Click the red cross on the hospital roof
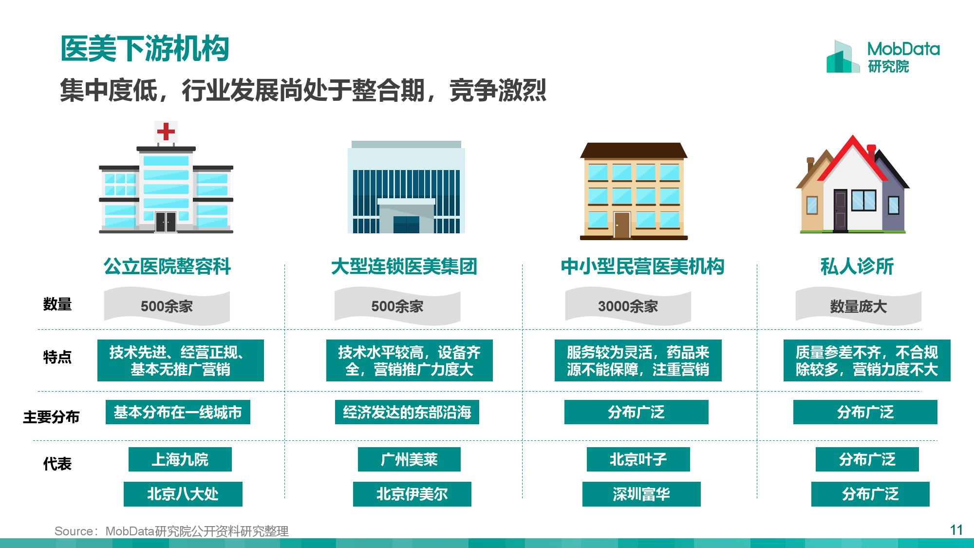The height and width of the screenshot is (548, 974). pos(166,132)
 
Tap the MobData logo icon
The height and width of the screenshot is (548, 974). pos(843,57)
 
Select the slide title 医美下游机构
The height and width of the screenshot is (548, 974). pos(145,49)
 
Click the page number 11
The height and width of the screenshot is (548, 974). pos(956,530)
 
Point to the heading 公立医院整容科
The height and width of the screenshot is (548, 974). pos(167,266)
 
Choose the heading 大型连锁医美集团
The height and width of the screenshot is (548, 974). pos(404,266)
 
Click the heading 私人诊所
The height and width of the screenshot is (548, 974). pos(857,266)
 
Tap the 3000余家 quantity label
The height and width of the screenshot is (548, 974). pos(628,306)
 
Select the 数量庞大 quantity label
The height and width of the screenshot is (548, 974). pos(858,306)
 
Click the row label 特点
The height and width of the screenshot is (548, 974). pos(57,357)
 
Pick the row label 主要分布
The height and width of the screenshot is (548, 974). pos(51,417)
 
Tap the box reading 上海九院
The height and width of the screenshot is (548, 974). pos(180,459)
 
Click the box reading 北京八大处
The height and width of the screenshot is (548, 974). pos(183,494)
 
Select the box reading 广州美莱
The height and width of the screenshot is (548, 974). pos(409,459)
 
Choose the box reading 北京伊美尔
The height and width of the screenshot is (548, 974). pos(412,494)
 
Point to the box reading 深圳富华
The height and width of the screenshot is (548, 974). pos(641,494)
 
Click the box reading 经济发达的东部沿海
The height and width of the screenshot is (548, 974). pos(407,412)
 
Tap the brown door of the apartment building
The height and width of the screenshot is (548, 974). pos(622,225)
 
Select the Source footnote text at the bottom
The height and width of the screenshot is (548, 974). pos(171,531)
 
